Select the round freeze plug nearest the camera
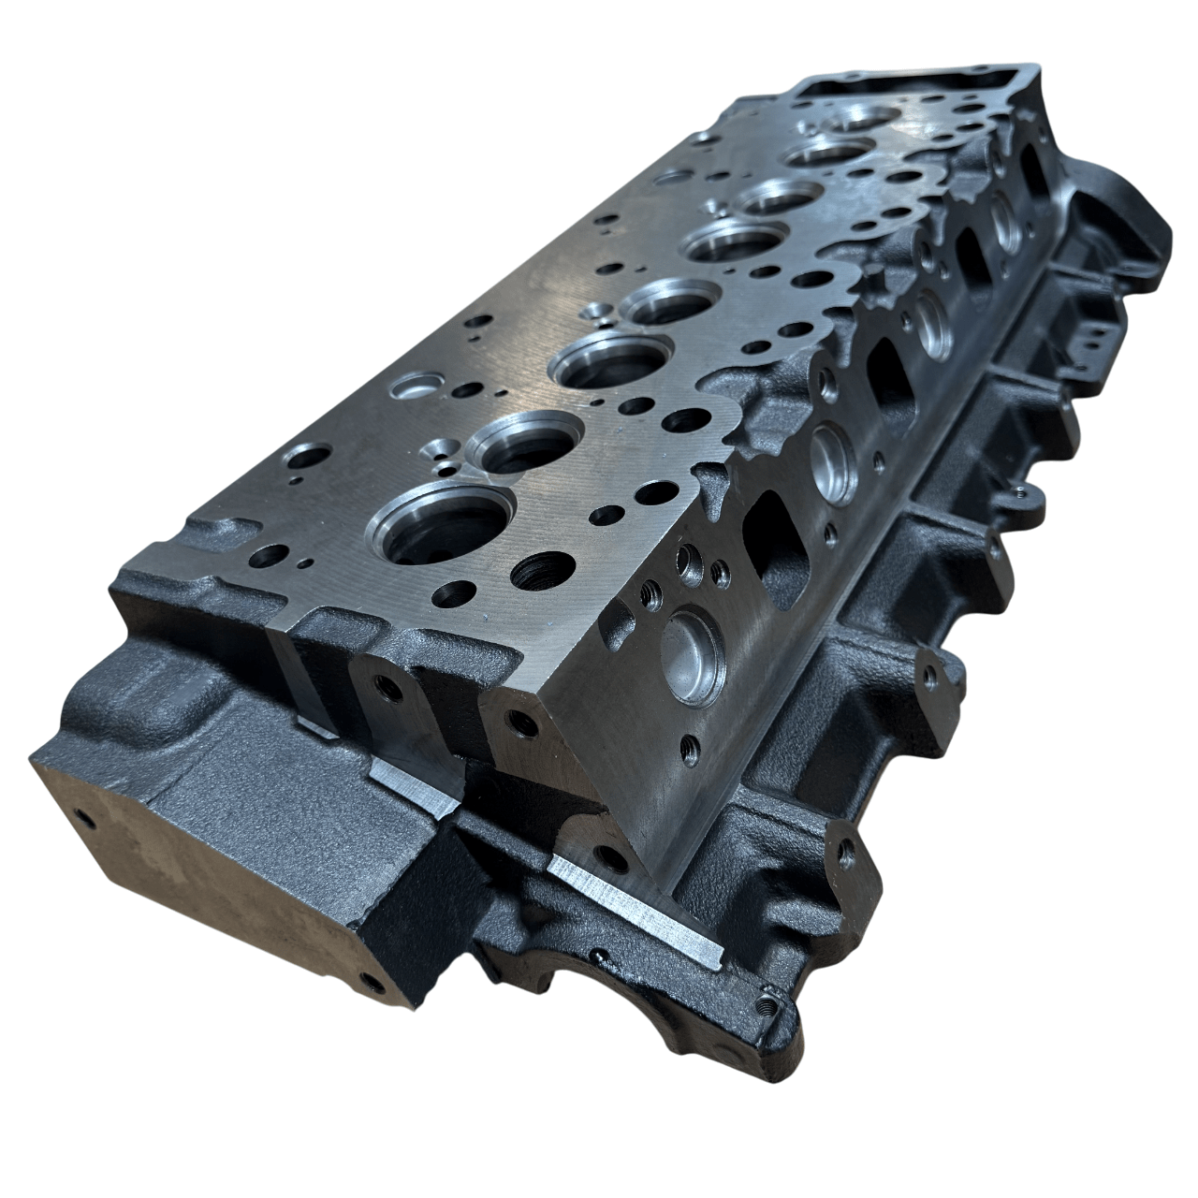(x=693, y=656)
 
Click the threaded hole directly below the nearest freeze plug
(x=691, y=746)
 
